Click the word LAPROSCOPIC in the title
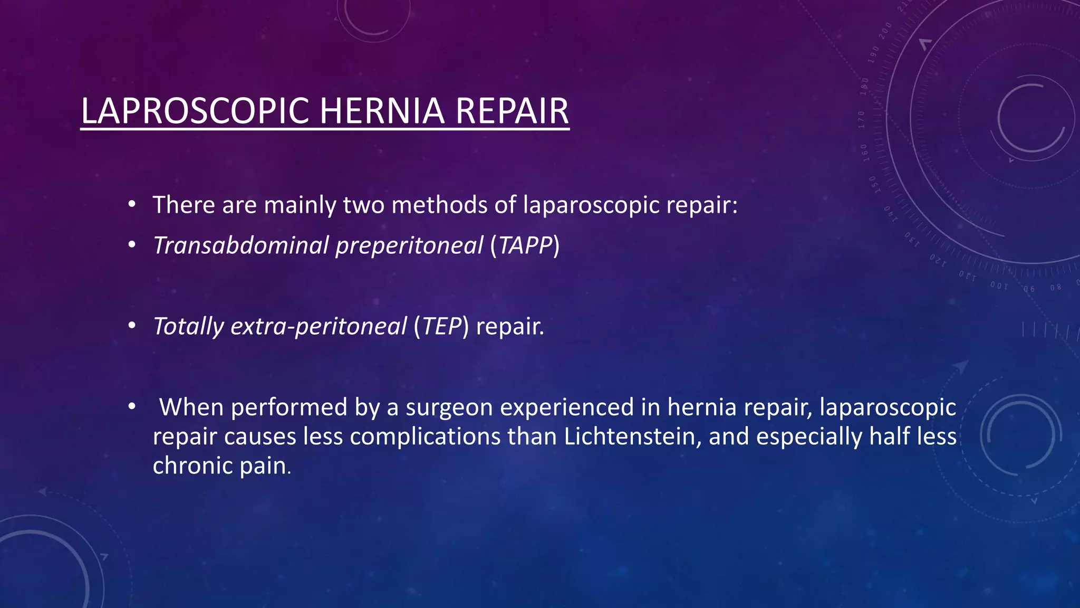195,111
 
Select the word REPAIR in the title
512,111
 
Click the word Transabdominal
240,245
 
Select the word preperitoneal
409,246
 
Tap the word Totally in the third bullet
188,326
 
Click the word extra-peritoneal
319,326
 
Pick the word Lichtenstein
632,436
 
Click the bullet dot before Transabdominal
132,245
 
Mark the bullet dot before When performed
132,406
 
